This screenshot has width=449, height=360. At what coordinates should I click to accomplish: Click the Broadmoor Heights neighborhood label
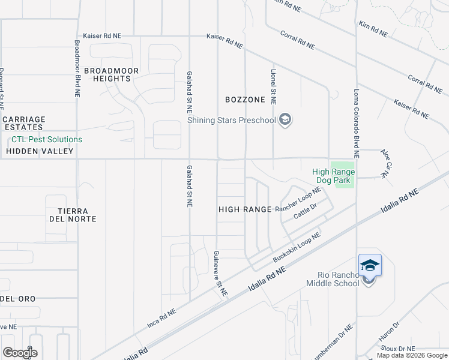pos(111,75)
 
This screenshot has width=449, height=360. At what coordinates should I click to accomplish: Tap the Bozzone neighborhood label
pos(245,100)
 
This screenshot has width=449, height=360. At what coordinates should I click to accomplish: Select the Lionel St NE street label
pos(273,86)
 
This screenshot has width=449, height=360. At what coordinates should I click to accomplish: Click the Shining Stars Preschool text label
pos(231,120)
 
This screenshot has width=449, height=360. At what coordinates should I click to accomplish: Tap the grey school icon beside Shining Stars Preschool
pos(285,120)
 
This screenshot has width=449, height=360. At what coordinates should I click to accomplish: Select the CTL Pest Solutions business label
pos(47,140)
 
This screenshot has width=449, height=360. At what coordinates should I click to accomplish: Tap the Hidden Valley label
pos(40,151)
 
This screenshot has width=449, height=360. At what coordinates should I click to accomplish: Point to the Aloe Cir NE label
pos(385,163)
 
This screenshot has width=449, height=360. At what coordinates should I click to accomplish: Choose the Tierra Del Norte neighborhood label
pos(74,215)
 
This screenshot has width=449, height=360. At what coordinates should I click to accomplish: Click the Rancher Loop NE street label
pos(298,200)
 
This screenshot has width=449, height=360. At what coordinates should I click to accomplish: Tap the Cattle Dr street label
pos(305,211)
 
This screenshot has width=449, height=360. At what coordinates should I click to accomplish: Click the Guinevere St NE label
pos(220,274)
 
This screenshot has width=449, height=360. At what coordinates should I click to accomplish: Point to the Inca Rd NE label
pos(161,320)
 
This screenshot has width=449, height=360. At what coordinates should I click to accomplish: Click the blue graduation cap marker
pos(370,265)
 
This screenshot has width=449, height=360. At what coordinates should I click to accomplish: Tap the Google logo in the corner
pos(20,352)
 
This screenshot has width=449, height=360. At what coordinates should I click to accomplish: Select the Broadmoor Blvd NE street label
pos(77,69)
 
